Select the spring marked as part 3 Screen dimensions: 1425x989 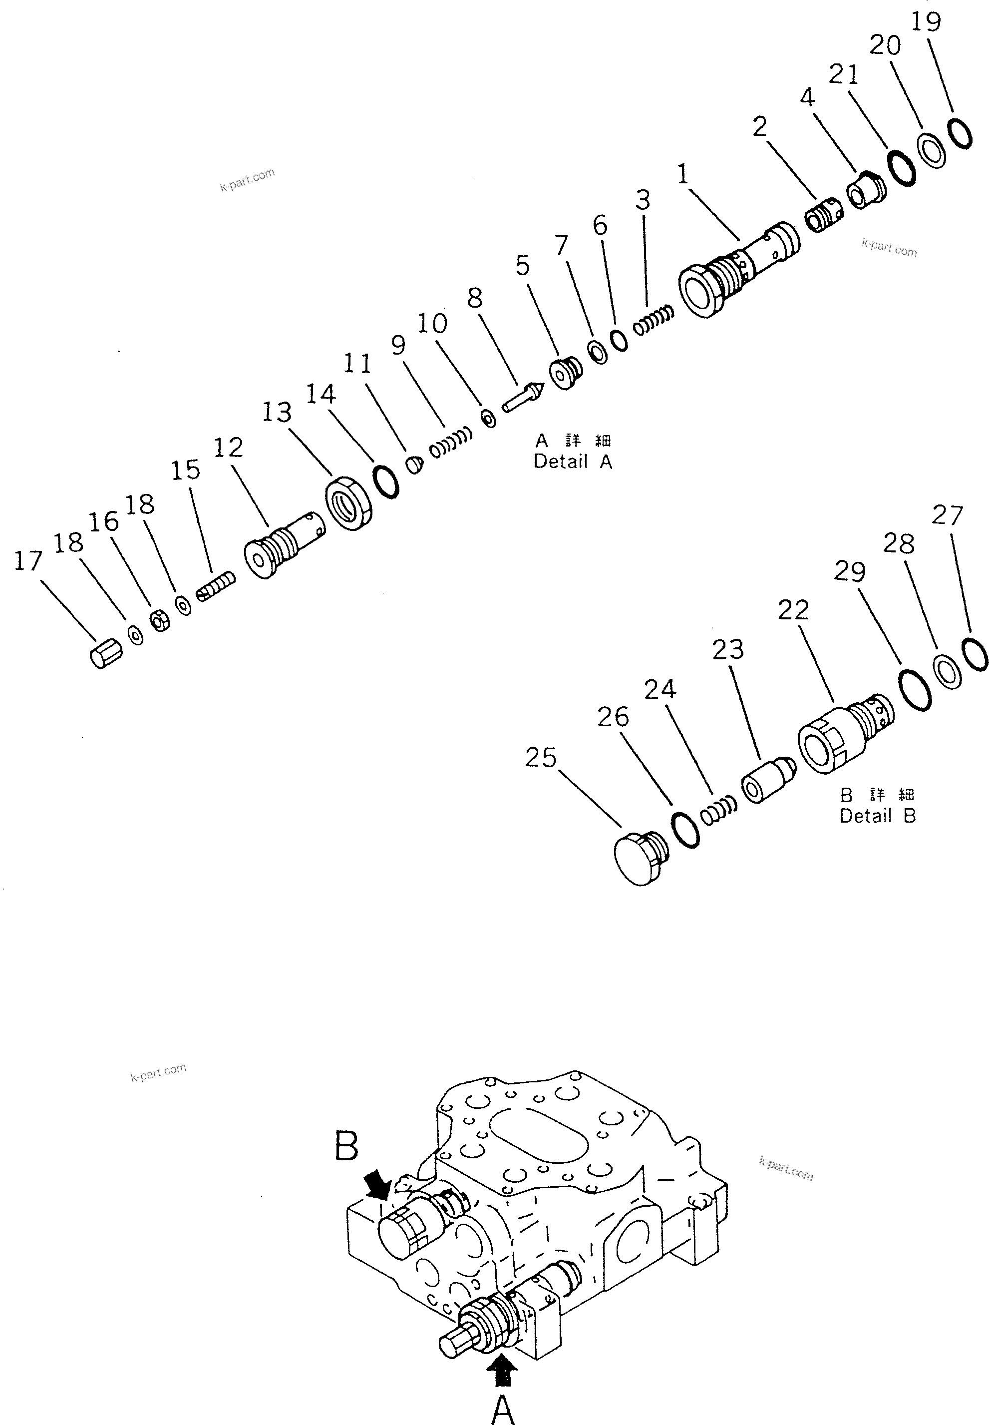pos(653,321)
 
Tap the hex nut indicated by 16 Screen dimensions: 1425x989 pos(160,619)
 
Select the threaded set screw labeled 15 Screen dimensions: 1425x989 pos(216,586)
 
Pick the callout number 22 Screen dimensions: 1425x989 pos(793,610)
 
